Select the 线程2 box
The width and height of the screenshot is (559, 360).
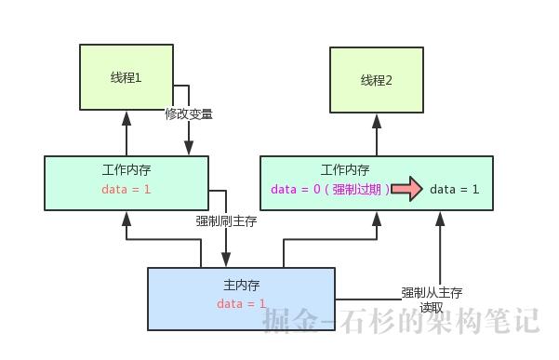[377, 80]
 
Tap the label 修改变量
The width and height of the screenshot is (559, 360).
[189, 114]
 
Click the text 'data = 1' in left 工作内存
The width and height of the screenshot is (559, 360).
[126, 190]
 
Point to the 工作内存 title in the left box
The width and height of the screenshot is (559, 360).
[126, 170]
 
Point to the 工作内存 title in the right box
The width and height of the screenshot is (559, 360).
[345, 170]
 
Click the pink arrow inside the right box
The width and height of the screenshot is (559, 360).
[406, 190]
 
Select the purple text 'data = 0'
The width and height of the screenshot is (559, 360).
[296, 190]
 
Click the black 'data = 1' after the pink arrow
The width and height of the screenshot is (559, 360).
[454, 190]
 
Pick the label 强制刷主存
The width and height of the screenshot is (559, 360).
[226, 221]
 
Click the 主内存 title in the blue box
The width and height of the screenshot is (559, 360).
[241, 284]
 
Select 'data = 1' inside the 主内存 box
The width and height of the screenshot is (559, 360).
[241, 303]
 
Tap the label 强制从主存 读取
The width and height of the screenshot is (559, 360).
[432, 300]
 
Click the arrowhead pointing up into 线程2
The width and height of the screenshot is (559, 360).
[377, 120]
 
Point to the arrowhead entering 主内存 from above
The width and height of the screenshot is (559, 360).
[226, 260]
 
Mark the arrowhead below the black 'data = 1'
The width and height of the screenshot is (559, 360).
[439, 218]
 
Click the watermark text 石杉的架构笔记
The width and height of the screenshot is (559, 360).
[442, 321]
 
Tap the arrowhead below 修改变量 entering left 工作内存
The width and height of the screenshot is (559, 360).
[189, 149]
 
